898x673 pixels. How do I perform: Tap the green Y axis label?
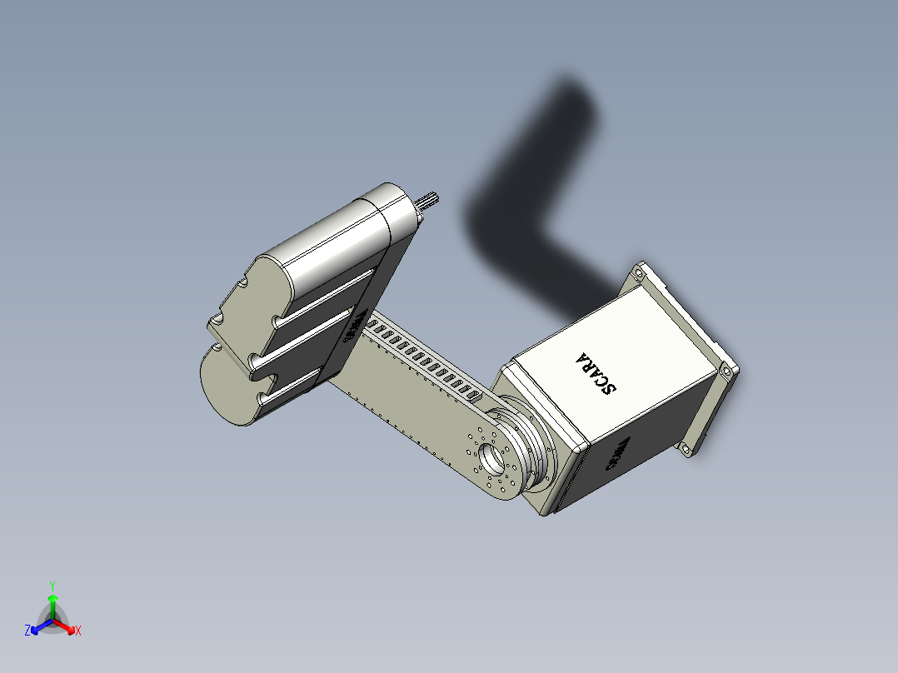(x=52, y=586)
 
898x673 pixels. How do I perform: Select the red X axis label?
(x=78, y=631)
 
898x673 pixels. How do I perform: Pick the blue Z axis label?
(x=27, y=631)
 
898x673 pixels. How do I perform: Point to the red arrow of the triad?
(x=67, y=626)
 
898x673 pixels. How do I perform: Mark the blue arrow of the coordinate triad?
(x=38, y=626)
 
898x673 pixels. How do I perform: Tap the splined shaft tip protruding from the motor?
(x=429, y=200)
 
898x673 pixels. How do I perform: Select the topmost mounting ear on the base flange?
(x=639, y=272)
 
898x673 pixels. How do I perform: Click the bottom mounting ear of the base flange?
(x=686, y=449)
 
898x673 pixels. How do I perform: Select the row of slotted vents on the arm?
(x=425, y=361)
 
